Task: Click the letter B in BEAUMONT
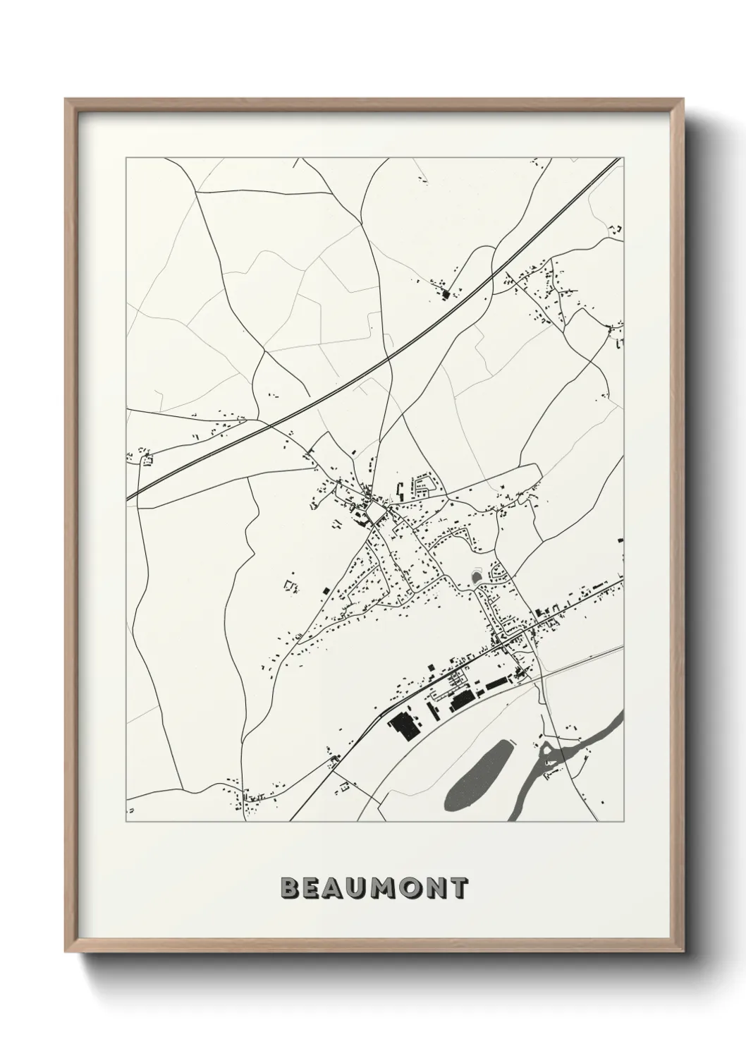[289, 888]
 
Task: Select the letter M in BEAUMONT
[386, 888]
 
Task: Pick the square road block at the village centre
[374, 510]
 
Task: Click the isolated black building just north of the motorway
[445, 293]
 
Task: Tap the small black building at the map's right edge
[620, 540]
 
